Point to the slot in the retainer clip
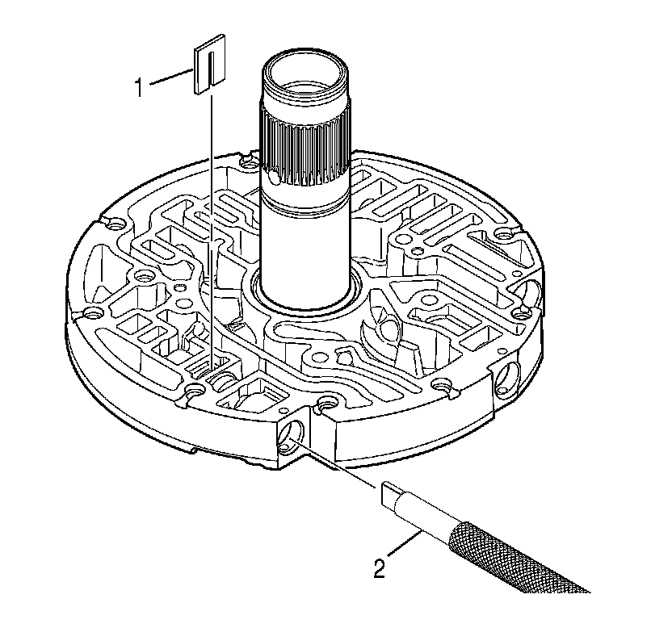tap(208, 65)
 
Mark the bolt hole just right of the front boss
tap(328, 402)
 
